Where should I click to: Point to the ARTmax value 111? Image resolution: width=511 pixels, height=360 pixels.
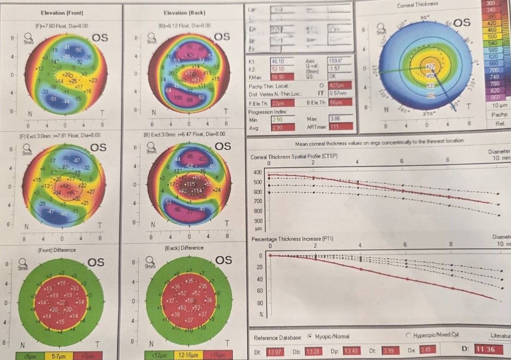click(x=340, y=126)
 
